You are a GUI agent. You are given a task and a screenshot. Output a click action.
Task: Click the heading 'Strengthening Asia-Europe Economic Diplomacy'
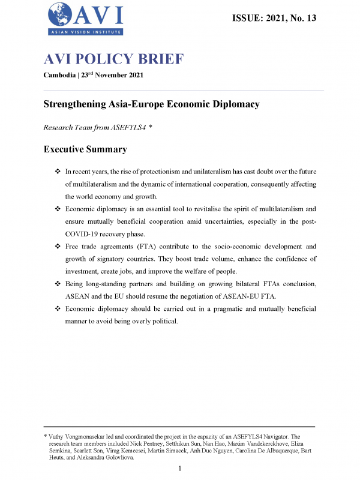click(152, 104)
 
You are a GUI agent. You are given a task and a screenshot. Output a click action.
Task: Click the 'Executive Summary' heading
click(85, 149)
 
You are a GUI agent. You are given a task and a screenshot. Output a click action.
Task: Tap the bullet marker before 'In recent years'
click(58, 172)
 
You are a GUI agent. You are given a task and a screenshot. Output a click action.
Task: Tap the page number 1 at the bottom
click(180, 468)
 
